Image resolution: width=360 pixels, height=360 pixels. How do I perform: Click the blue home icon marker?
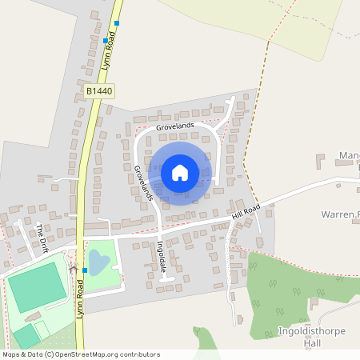point(180,172)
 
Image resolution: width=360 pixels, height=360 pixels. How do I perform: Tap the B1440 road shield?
point(100,92)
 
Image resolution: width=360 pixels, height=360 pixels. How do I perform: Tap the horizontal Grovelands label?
point(176,126)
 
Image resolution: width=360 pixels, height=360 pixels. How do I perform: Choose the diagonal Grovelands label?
point(143,183)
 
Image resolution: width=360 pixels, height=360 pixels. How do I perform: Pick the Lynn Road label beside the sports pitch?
point(79,301)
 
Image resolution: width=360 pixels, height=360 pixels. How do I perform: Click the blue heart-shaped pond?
point(95,261)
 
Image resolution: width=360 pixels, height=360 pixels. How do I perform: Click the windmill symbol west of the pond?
point(74,268)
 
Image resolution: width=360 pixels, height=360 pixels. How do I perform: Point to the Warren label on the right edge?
point(340,214)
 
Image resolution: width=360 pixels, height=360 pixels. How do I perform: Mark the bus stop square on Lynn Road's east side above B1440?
point(117,23)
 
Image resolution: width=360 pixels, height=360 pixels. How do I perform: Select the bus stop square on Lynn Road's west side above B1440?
point(105,39)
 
